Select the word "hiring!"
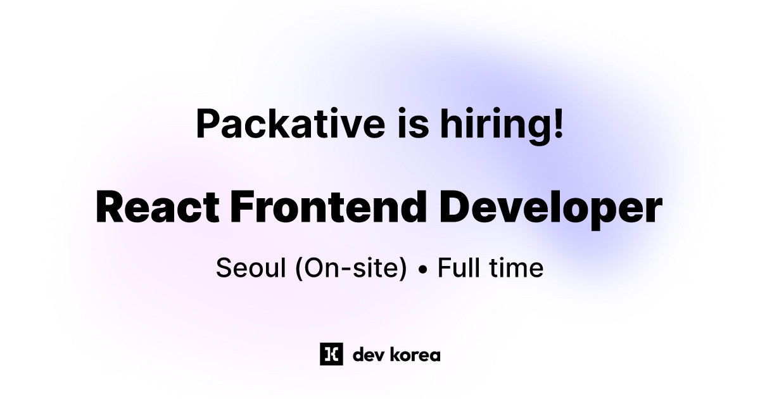[498, 124]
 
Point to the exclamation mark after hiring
[557, 122]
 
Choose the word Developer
[550, 208]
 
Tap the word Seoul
[248, 269]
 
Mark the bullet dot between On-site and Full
[422, 270]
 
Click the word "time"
[516, 269]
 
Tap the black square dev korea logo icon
[331, 354]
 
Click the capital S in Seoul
[223, 269]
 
